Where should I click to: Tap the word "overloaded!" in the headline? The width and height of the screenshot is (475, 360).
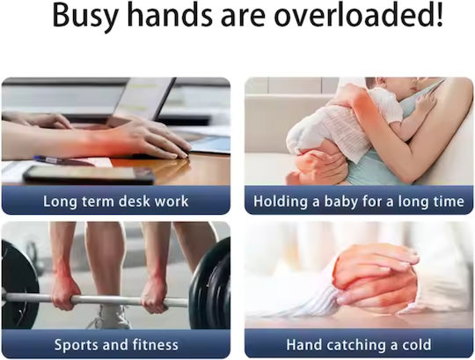click(x=359, y=14)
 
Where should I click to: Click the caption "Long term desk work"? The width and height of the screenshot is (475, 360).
click(x=116, y=202)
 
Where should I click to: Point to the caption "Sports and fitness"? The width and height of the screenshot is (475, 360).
click(x=116, y=345)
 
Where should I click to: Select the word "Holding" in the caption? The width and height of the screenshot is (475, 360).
click(x=281, y=202)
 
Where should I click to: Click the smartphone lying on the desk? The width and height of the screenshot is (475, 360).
click(x=90, y=175)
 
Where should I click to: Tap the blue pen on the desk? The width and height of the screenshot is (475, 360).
click(x=63, y=160)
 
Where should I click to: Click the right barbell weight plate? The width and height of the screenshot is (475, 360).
click(x=209, y=285)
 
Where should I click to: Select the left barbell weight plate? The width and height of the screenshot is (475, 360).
click(x=18, y=285)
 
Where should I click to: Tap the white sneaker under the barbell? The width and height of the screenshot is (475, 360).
click(x=111, y=317)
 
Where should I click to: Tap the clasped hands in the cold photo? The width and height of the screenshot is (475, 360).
click(x=377, y=277)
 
